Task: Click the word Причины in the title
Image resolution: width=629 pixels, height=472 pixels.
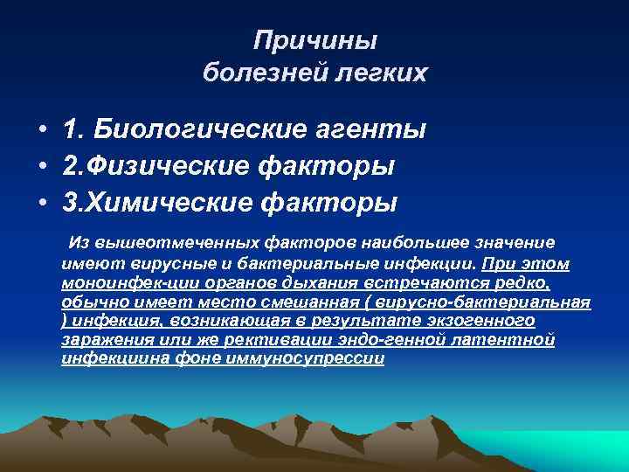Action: click(315, 40)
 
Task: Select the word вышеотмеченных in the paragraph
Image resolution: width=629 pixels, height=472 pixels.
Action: click(165, 241)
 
